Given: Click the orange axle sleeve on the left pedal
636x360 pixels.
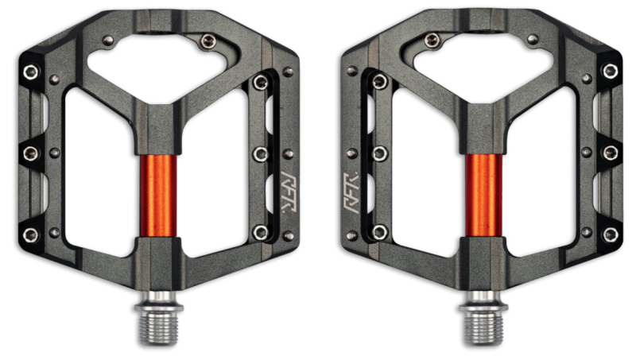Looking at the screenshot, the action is click(158, 195).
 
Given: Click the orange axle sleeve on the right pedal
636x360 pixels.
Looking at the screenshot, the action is click(484, 195).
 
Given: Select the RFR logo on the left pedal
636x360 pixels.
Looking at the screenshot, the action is click(290, 192).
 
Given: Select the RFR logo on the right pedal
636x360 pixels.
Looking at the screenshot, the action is click(351, 193).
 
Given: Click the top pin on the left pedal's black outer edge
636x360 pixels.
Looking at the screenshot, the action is click(31, 72).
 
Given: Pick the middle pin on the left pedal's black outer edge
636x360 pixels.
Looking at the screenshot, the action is click(31, 153).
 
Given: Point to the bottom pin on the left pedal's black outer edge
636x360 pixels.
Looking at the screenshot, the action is click(31, 234).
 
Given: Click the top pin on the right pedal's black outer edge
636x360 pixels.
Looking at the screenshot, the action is click(610, 72).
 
